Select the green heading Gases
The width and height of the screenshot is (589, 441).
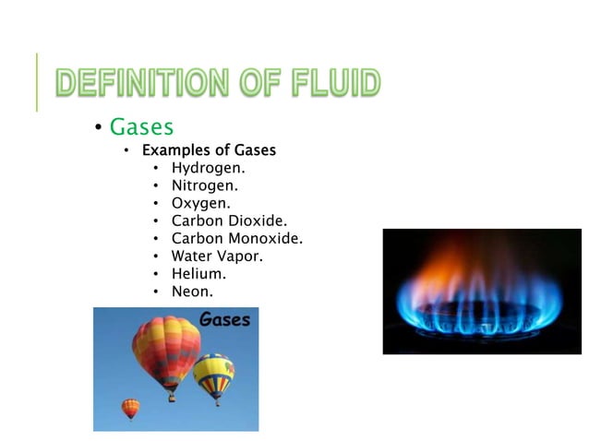coord(141,126)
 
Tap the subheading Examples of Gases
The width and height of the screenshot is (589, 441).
coord(208,149)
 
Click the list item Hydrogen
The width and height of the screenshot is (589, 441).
coord(209,168)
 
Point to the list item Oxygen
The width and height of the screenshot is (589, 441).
coord(200,203)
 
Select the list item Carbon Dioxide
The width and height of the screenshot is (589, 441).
coord(229,220)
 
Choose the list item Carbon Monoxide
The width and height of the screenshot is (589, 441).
coord(236,238)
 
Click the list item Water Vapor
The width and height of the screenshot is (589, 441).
coord(217,256)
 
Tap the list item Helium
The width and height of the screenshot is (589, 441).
coord(198,273)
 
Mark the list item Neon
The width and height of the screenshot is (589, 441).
coord(192,292)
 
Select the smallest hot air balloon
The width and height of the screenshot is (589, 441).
coord(131,407)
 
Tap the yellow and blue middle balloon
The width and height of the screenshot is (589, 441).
coord(213,373)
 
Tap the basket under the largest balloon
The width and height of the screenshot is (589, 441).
coord(172,397)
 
